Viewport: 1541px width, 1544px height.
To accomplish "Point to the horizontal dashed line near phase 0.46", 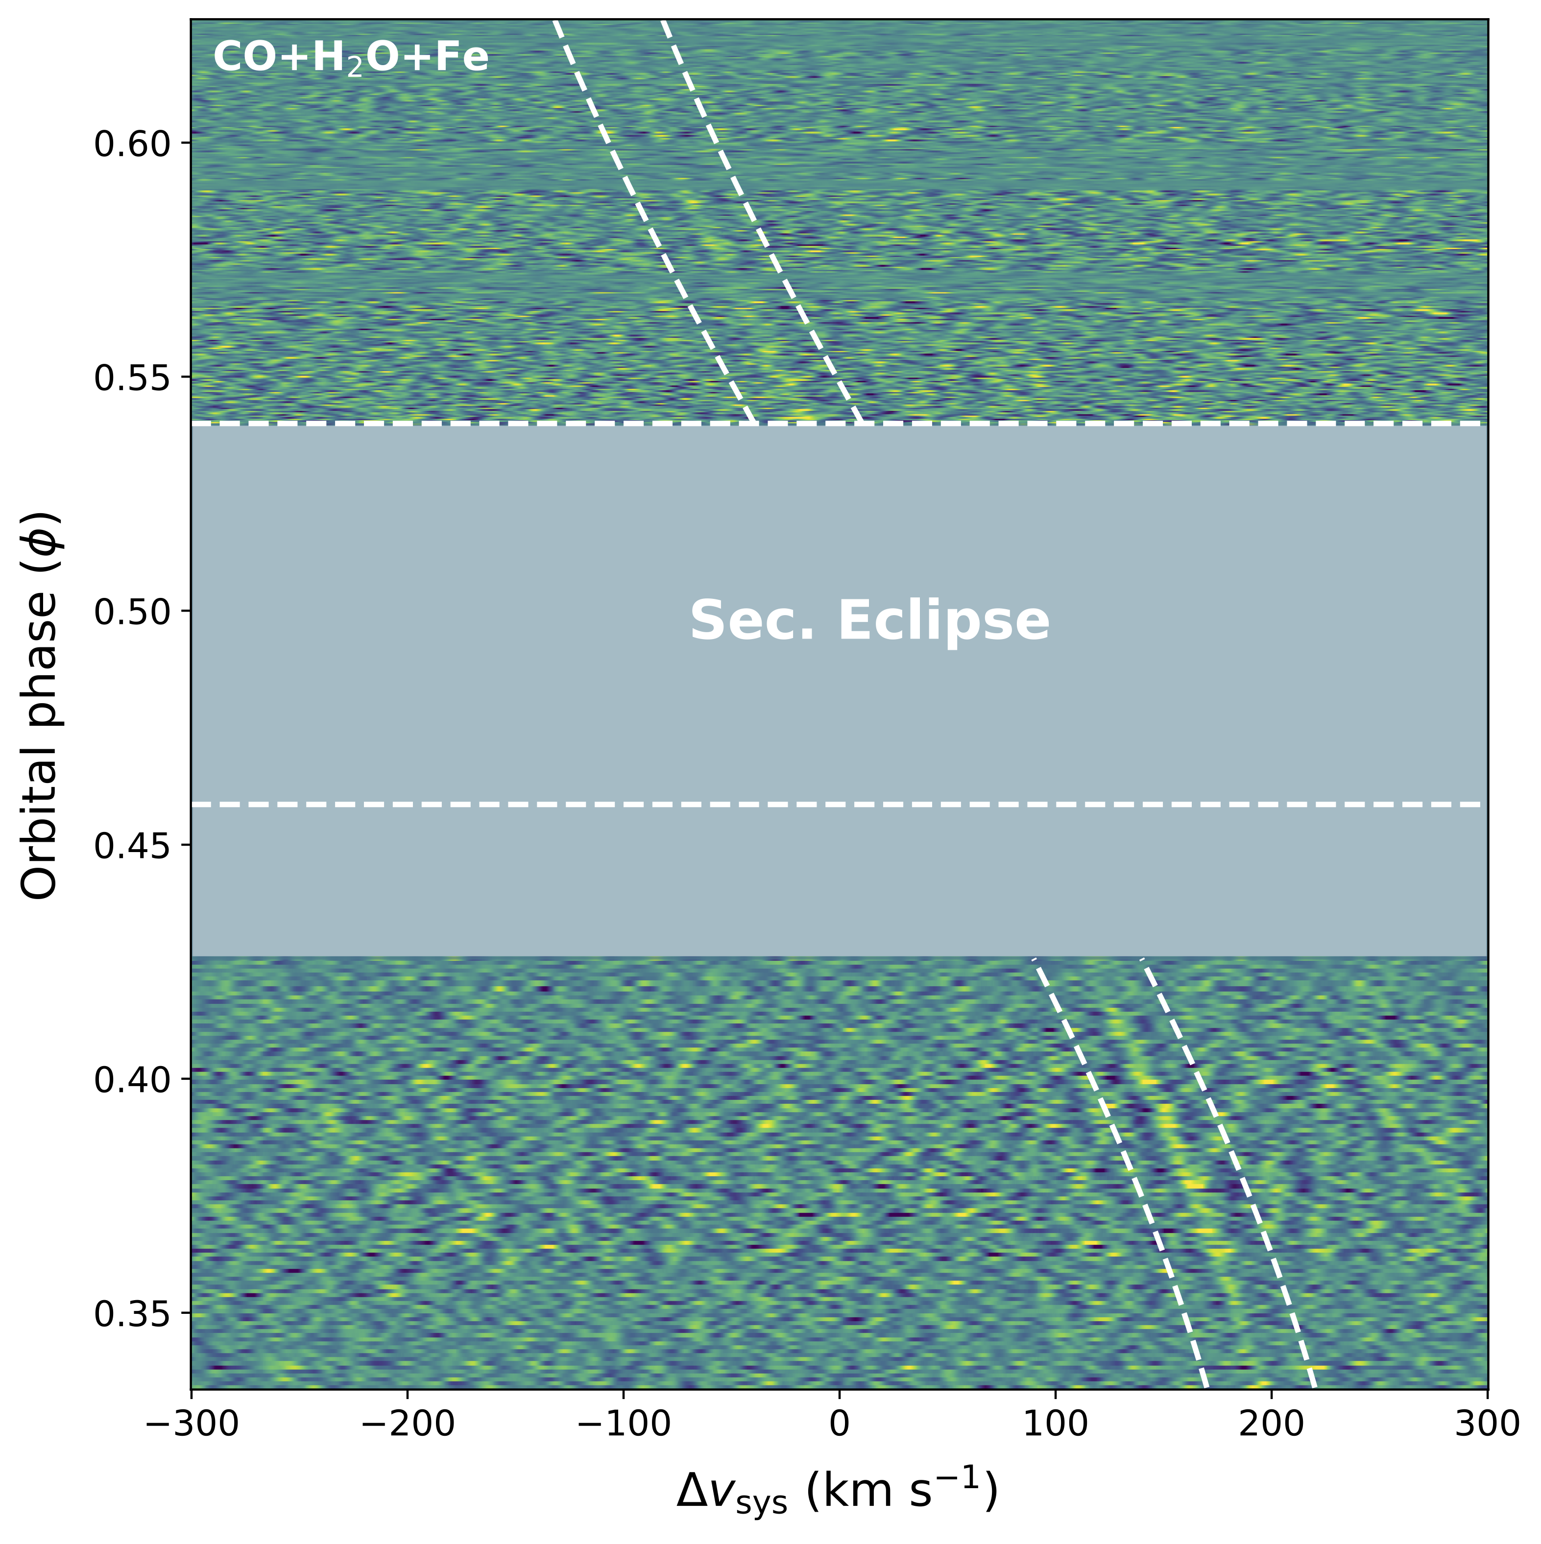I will pos(839,804).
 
